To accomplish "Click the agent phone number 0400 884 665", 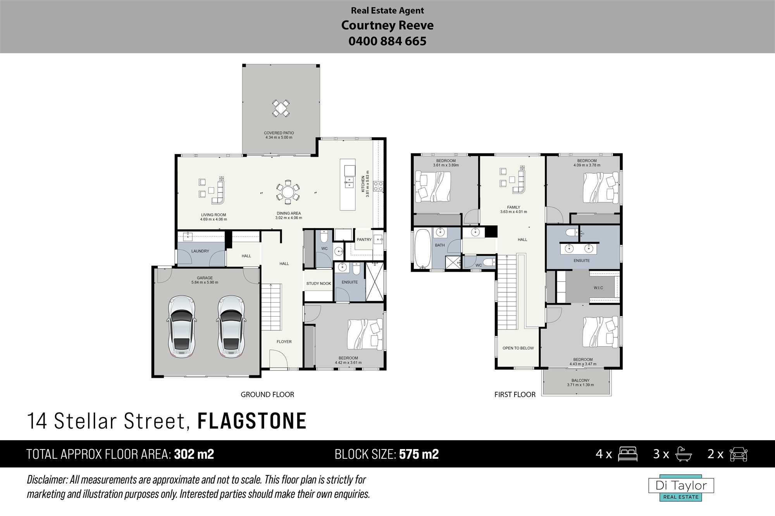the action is [x=387, y=41].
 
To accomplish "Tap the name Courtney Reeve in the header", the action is [x=387, y=26].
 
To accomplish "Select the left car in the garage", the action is [x=181, y=326].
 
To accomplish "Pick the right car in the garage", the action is [x=232, y=326].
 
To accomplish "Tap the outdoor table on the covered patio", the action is [x=281, y=108].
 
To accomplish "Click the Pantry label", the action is [x=364, y=240].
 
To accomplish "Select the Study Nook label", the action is [x=319, y=283].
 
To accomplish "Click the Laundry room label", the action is [x=200, y=251].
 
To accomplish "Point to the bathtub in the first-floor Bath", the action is [x=423, y=249].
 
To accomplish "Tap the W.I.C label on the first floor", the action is [x=598, y=288].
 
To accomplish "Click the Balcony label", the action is [x=580, y=381].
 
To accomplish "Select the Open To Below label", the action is [x=518, y=348].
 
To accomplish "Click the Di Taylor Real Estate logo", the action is [x=681, y=488].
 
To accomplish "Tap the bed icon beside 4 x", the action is [x=628, y=454].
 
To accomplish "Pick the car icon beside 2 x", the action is [x=739, y=454].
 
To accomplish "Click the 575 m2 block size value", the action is [x=419, y=454].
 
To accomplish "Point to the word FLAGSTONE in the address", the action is [x=252, y=421].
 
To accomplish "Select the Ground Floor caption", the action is [x=267, y=394].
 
